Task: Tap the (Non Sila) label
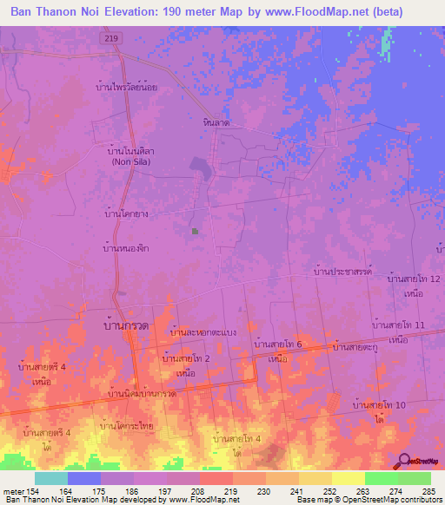[133, 161]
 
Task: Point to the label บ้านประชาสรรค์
[341, 272]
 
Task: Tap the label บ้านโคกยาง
[123, 212]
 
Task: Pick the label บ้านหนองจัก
[123, 249]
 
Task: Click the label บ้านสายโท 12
[414, 279]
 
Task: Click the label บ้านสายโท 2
[185, 357]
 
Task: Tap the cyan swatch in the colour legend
[51, 478]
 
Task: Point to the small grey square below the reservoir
[195, 231]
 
